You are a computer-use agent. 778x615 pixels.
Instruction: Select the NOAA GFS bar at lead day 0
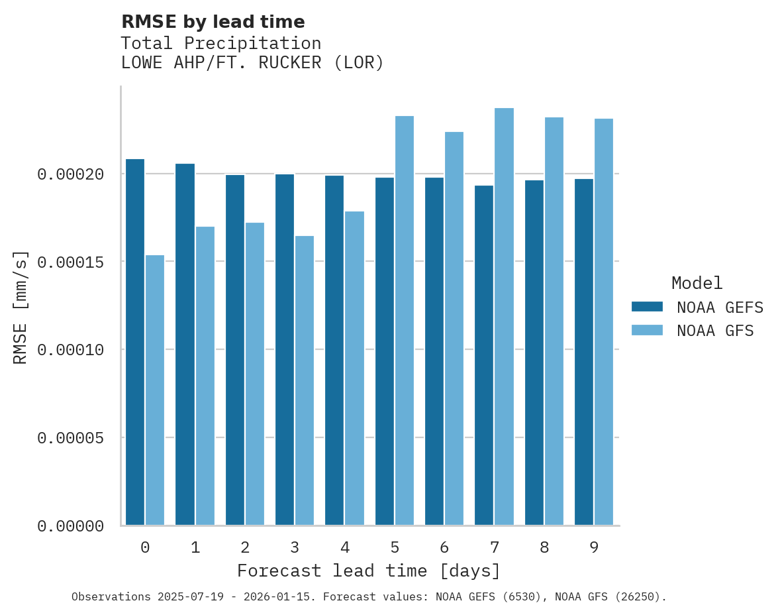155,390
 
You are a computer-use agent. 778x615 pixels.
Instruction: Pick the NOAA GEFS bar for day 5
385,351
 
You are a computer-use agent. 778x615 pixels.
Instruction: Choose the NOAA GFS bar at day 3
305,380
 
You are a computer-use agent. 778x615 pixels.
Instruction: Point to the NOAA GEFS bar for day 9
584,352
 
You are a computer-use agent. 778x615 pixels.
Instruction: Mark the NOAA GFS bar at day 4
354,368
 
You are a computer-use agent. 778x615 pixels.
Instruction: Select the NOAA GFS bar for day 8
554,321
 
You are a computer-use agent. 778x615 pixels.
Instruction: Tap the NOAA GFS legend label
715,330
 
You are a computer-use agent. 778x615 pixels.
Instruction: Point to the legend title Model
697,283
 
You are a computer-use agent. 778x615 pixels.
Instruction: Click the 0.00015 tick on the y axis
71,262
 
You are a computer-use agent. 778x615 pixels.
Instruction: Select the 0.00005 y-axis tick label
71,438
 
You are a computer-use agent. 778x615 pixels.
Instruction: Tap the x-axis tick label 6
444,547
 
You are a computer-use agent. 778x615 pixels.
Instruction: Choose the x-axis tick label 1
195,547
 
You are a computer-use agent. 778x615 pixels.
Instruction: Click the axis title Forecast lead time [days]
369,571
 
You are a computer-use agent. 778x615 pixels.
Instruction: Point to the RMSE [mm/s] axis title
21,307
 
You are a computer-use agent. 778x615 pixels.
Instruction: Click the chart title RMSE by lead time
213,22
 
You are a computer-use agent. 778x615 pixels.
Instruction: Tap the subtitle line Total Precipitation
220,43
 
